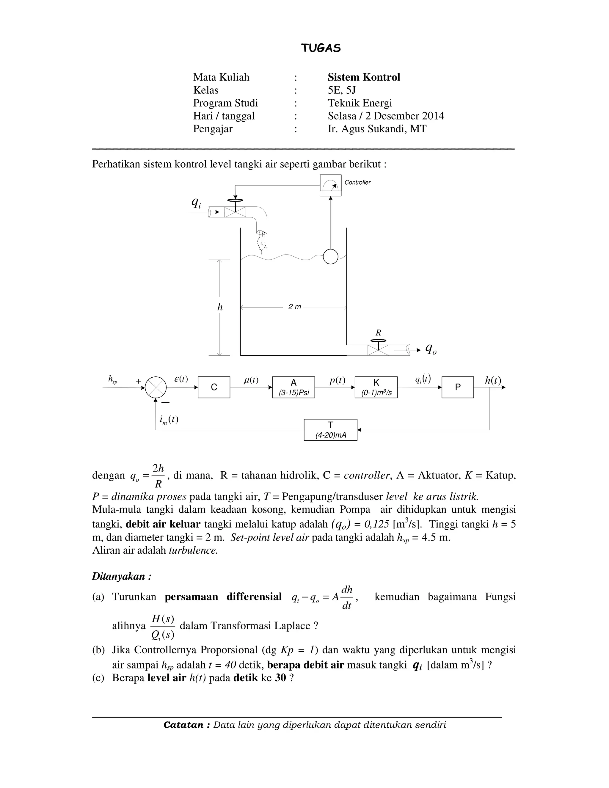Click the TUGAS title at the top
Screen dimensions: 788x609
coord(321,48)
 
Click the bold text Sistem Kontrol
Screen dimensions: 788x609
coord(364,77)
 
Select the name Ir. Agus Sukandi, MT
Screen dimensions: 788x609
coord(377,129)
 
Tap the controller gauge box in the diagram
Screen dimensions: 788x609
coord(330,186)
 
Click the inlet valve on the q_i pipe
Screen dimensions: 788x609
coord(235,212)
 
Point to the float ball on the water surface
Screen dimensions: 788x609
coord(330,257)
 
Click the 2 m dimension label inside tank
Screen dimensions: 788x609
coord(294,307)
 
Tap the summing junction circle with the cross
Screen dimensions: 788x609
coord(156,387)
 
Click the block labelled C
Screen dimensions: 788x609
coord(214,387)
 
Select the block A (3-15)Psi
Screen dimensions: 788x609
coord(293,387)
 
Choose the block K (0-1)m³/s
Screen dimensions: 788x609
coord(376,387)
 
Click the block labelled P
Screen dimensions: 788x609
coord(457,387)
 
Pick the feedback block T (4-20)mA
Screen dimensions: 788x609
coord(330,430)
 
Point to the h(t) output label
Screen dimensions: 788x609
coord(493,380)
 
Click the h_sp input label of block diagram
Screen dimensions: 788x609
coord(113,379)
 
